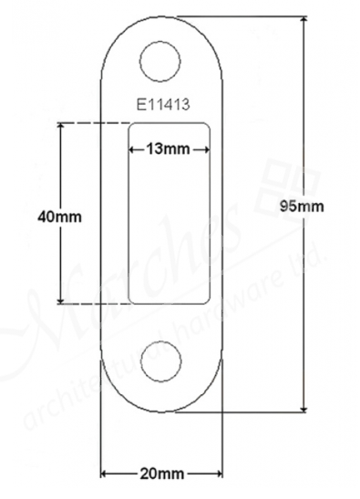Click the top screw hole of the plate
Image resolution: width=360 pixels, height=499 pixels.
161,60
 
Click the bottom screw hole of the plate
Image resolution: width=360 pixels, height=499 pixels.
161,358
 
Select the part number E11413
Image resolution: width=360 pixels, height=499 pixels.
162,104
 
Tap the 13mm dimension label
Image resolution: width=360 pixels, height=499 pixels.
170,148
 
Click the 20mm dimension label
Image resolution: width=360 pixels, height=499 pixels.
159,474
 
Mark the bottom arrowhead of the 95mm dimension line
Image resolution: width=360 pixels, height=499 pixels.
303,407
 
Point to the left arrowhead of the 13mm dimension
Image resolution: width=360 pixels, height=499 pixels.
133,148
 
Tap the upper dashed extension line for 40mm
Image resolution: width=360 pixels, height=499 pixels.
91,123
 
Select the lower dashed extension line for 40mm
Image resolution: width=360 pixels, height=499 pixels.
91,303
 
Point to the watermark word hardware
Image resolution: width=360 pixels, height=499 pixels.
264,291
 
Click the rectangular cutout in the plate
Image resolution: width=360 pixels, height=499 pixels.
170,228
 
